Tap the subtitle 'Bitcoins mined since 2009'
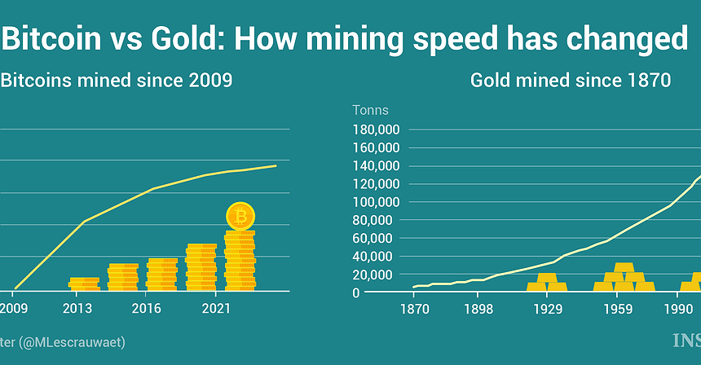pos(117,81)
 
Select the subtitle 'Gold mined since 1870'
pos(570,81)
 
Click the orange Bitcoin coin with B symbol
pos(240,217)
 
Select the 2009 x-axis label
pos(14,310)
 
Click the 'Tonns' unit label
pos(370,110)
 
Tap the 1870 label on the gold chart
pos(415,310)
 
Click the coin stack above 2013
pos(84,284)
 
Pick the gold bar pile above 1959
pos(624,278)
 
